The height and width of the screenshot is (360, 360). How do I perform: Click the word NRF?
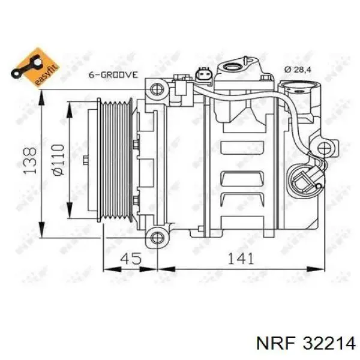[x=269, y=343]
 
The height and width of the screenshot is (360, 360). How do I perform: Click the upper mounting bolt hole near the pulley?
[x=157, y=90]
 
